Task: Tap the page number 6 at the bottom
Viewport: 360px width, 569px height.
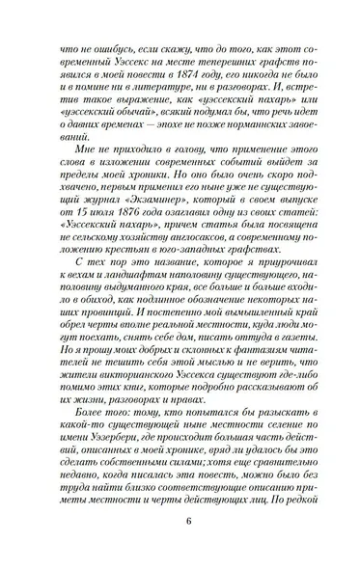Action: click(x=180, y=539)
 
